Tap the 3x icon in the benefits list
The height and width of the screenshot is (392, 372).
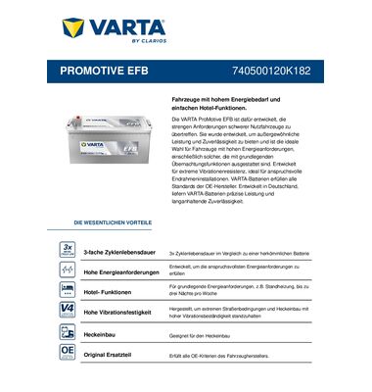coord(67,248)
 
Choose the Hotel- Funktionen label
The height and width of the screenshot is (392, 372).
coord(112,291)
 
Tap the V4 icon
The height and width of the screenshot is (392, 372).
coord(67,311)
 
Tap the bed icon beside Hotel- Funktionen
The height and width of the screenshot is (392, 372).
coord(67,290)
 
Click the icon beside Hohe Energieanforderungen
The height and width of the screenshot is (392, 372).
coord(67,269)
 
